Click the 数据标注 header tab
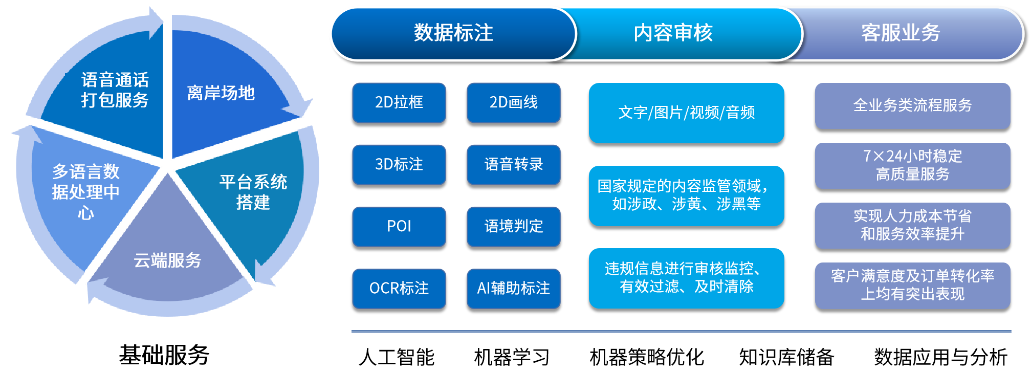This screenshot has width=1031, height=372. click(453, 33)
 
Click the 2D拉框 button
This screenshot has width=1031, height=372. click(399, 102)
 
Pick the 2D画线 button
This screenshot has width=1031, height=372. click(514, 102)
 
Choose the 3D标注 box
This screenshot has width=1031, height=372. click(399, 164)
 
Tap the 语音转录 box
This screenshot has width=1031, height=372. click(514, 164)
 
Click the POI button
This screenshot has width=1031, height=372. click(399, 226)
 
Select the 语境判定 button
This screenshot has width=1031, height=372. click(514, 226)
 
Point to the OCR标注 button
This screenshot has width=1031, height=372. click(399, 288)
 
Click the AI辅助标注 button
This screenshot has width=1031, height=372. click(514, 288)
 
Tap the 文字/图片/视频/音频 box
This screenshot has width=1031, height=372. click(687, 113)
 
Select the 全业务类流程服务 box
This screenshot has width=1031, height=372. click(913, 105)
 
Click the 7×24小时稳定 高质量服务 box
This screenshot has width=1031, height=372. click(913, 165)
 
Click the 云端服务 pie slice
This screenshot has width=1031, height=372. click(168, 256)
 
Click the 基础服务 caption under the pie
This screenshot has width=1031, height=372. click(164, 355)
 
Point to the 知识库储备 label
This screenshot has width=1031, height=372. click(786, 357)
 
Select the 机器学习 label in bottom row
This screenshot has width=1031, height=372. click(512, 357)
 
